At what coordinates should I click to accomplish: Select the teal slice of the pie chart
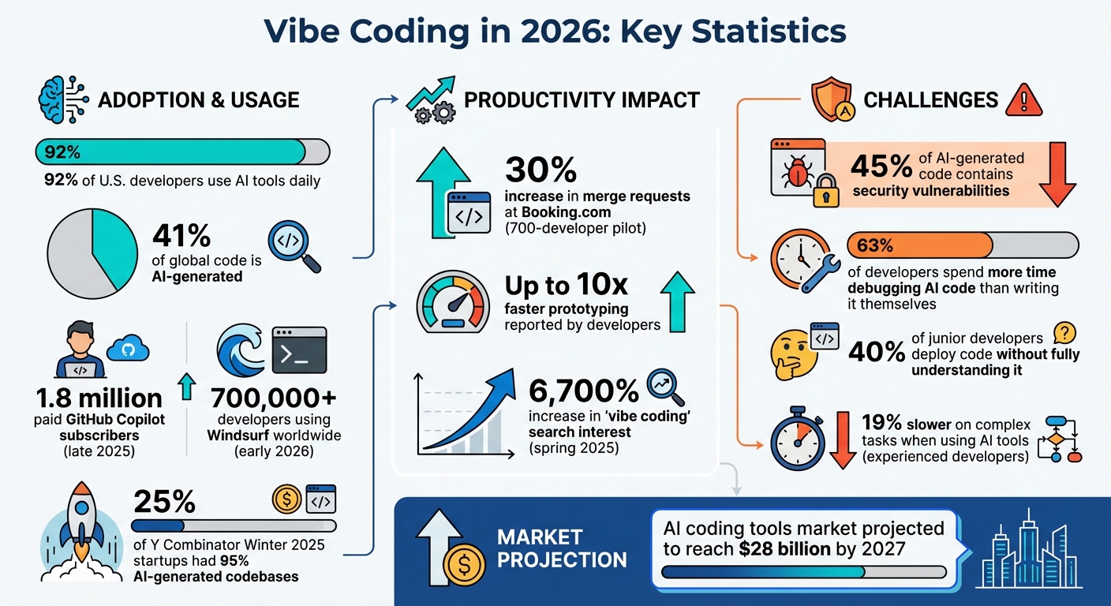(x=114, y=245)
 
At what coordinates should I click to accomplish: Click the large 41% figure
(x=181, y=236)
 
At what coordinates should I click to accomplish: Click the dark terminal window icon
(x=298, y=350)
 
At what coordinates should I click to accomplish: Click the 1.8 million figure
(x=99, y=398)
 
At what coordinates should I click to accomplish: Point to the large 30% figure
(x=541, y=170)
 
